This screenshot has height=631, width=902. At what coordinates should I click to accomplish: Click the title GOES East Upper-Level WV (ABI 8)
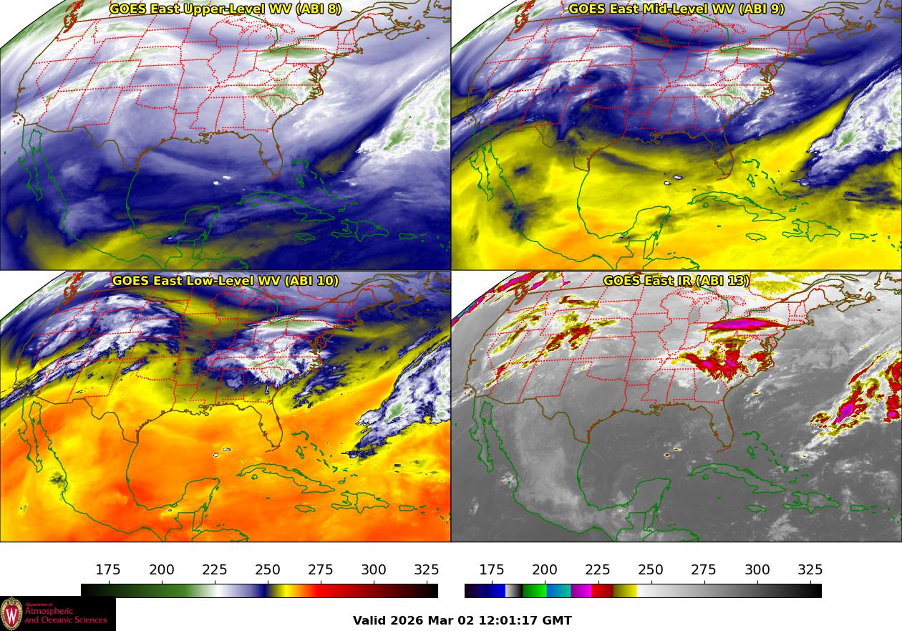pyautogui.click(x=225, y=9)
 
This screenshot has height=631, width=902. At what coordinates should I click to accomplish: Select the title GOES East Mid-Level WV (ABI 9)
pyautogui.click(x=676, y=9)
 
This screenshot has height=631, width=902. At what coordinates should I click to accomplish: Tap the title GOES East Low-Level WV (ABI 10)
pyautogui.click(x=225, y=281)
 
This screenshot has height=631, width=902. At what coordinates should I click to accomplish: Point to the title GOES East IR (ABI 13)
pyautogui.click(x=676, y=281)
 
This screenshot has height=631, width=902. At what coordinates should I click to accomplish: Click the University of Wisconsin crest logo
pyautogui.click(x=11, y=614)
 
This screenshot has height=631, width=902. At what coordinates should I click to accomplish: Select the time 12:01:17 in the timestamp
pyautogui.click(x=510, y=620)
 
